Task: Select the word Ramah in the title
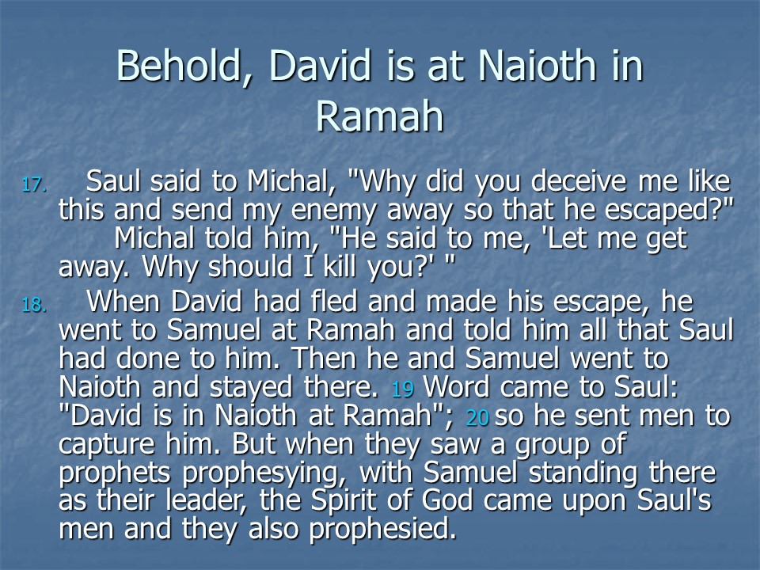click(x=379, y=116)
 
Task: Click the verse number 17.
click(x=34, y=184)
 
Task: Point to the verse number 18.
click(x=34, y=305)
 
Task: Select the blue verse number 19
click(x=402, y=389)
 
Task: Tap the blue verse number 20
click(x=477, y=418)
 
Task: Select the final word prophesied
click(x=383, y=530)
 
